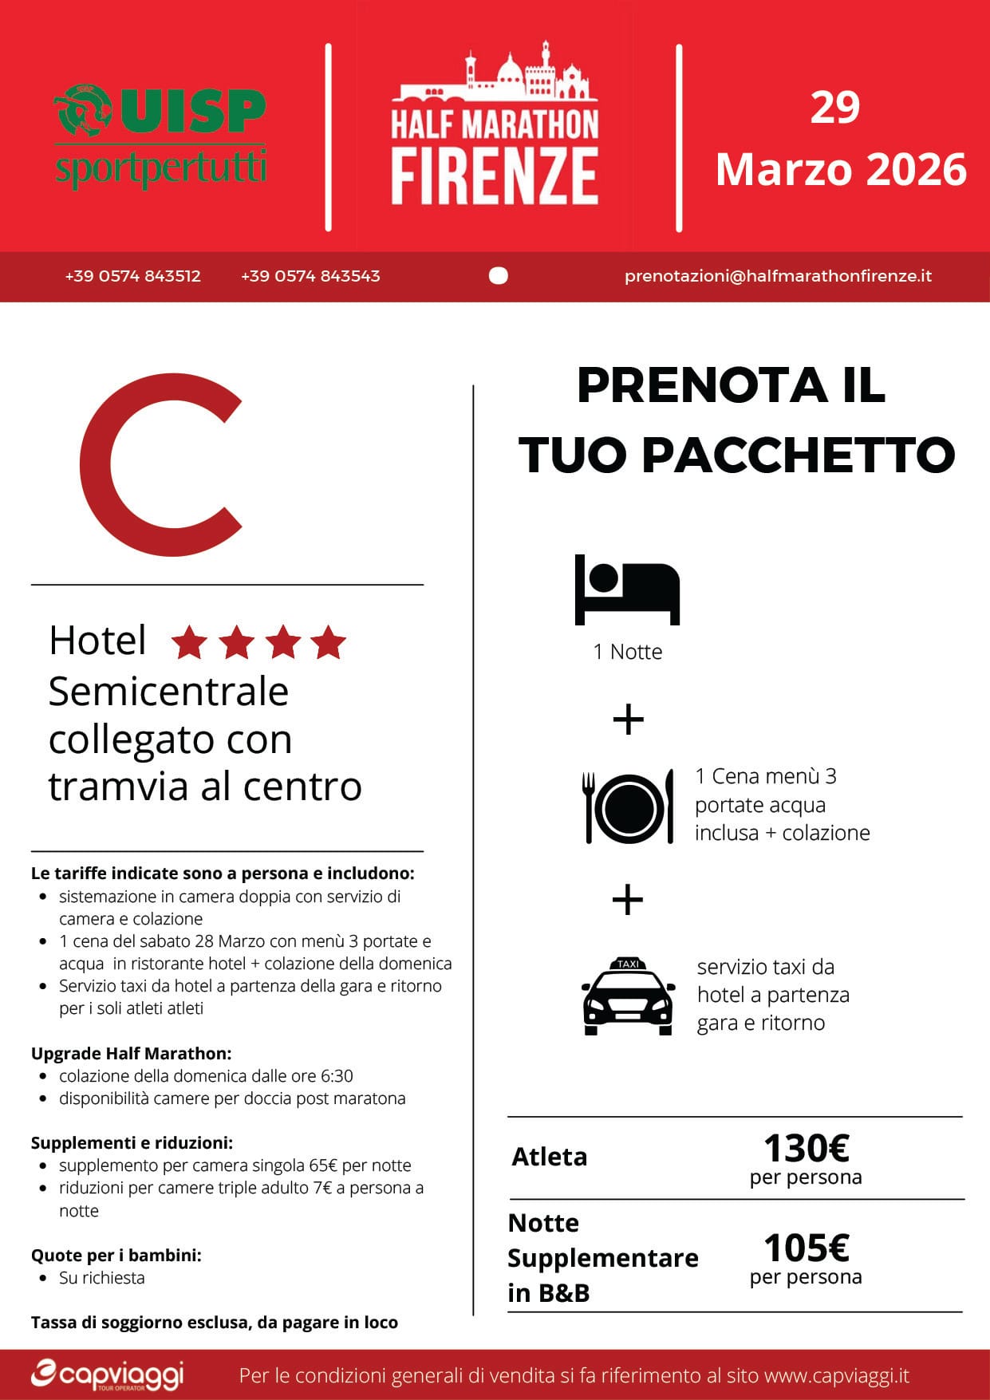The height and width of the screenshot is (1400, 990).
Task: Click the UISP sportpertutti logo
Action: click(160, 136)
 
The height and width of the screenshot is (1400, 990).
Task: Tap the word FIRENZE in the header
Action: click(495, 175)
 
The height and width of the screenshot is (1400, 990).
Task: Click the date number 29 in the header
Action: click(834, 108)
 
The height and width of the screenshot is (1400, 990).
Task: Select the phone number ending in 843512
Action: click(132, 276)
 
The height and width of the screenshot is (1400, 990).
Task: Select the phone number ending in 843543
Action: click(310, 276)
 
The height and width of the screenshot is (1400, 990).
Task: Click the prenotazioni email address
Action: click(778, 276)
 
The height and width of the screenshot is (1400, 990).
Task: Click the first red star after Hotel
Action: click(189, 642)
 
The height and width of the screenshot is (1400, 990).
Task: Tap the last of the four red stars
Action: click(328, 642)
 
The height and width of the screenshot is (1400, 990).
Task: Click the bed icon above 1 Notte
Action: click(627, 590)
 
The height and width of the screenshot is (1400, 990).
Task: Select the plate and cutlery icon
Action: click(629, 807)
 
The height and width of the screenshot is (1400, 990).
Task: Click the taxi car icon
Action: click(628, 996)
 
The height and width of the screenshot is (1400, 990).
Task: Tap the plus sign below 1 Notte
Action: click(628, 720)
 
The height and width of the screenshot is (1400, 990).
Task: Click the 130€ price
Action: click(806, 1149)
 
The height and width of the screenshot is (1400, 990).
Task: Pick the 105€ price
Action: click(806, 1248)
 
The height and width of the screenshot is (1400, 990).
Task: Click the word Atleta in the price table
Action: click(550, 1157)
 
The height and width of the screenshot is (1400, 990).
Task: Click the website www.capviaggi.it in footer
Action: click(836, 1376)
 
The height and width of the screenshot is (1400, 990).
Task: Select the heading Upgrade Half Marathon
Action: click(131, 1053)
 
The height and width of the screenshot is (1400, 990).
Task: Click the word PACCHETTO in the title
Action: click(798, 455)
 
